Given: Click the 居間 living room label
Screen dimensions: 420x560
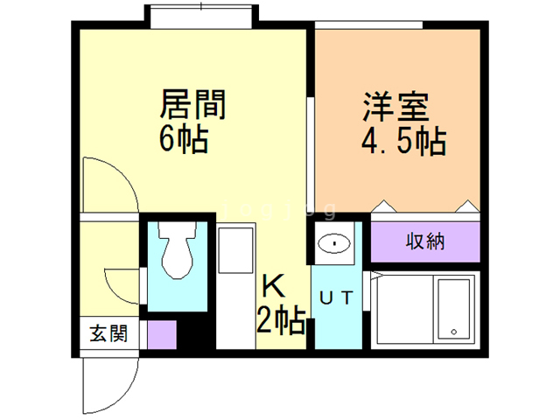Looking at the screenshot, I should click(x=193, y=105).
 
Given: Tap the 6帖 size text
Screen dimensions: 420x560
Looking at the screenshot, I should click(x=184, y=137).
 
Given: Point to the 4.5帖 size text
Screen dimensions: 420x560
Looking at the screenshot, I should click(x=403, y=140).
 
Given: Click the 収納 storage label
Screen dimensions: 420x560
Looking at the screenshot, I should click(x=424, y=241).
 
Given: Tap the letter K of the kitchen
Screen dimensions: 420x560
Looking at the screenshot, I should click(x=272, y=286).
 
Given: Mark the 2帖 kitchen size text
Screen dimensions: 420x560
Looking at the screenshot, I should click(x=280, y=320).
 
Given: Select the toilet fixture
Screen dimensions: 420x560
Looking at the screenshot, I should click(x=178, y=257).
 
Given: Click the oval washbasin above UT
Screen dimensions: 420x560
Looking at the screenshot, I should click(x=332, y=243).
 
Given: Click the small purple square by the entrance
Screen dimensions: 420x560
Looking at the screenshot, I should click(x=161, y=334).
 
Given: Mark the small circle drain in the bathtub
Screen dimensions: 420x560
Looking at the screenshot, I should click(x=454, y=331).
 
